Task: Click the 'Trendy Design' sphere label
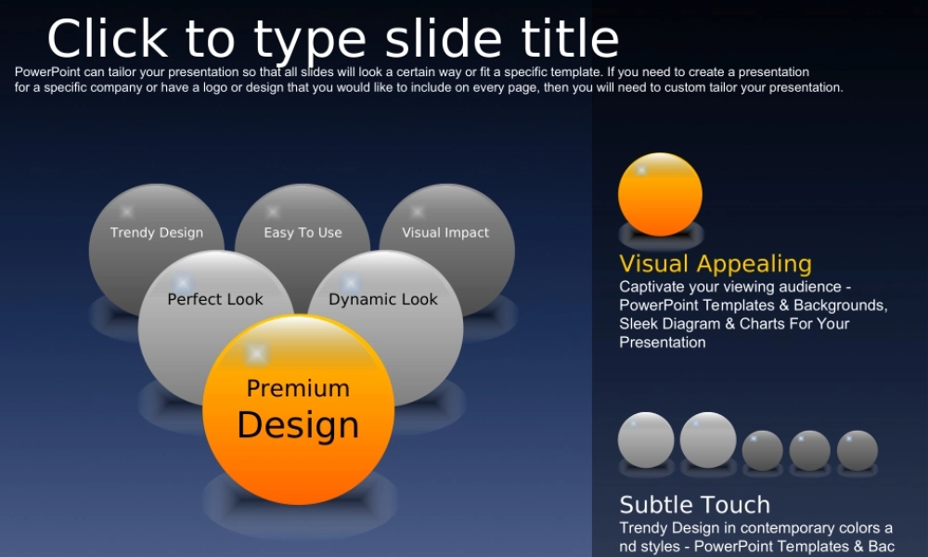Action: [157, 233]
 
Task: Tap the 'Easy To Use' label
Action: [303, 233]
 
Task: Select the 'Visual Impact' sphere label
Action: [445, 233]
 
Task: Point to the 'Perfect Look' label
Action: [215, 299]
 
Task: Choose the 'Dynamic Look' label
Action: [383, 300]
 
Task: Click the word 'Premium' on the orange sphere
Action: [298, 388]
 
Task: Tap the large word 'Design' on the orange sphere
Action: [298, 425]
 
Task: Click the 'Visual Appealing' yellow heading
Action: [715, 264]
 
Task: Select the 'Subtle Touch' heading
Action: [695, 505]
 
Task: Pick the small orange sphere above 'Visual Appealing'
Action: [660, 194]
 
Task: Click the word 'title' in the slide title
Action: [570, 39]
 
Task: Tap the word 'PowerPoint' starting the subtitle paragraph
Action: [47, 72]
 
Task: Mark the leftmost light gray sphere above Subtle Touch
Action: [646, 440]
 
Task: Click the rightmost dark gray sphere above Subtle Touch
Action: [857, 450]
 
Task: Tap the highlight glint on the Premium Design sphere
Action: [256, 354]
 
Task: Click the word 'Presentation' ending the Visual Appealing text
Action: [663, 343]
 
